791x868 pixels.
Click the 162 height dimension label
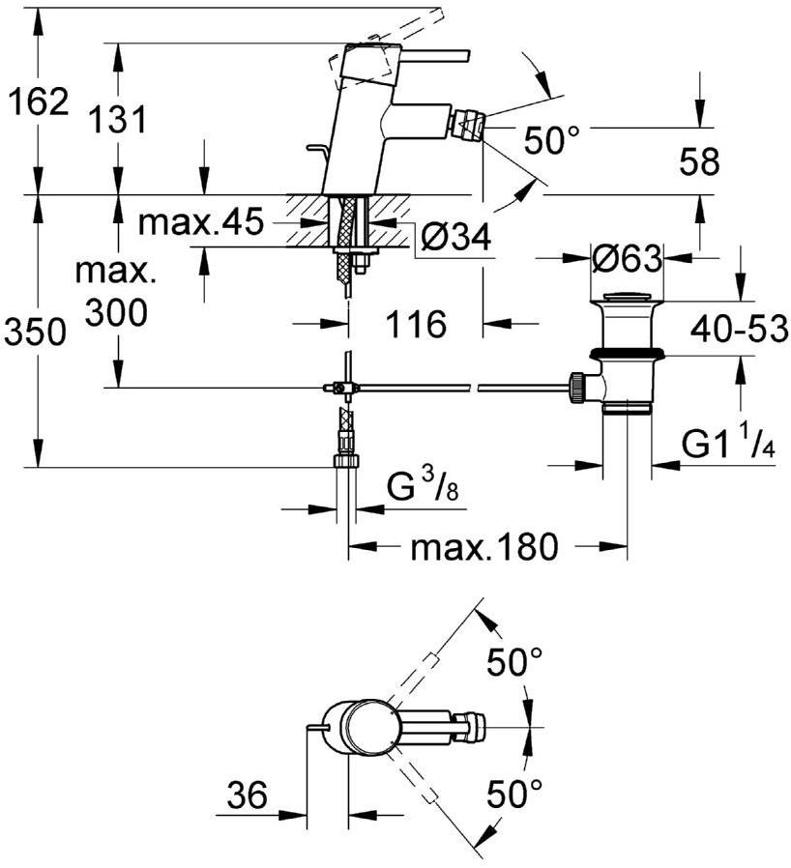pyautogui.click(x=38, y=101)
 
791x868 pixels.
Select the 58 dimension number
pyautogui.click(x=698, y=162)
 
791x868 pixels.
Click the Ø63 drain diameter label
pyautogui.click(x=629, y=259)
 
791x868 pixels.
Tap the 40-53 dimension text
pyautogui.click(x=740, y=331)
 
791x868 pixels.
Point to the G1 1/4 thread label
pyautogui.click(x=729, y=445)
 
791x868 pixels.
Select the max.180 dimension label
pyautogui.click(x=484, y=548)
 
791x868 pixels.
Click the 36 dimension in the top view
pyautogui.click(x=247, y=796)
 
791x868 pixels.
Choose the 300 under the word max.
pyautogui.click(x=117, y=312)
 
